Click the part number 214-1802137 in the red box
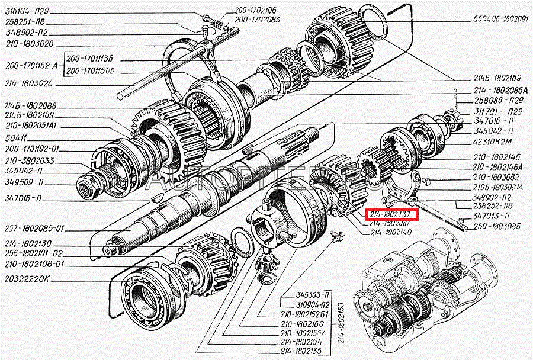coord(393,214)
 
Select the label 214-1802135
coord(302,351)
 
